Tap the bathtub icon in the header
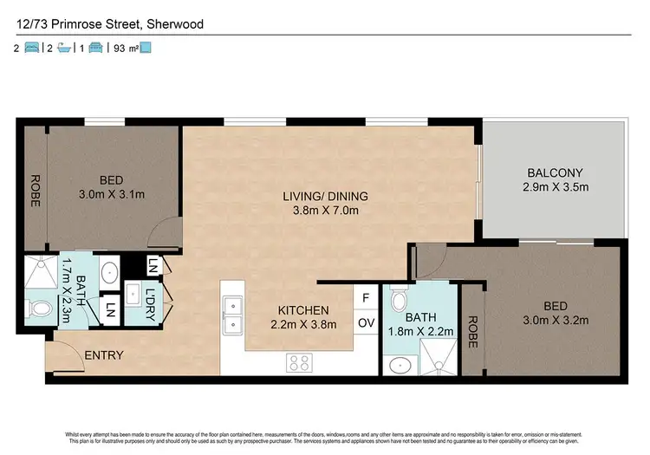click(63, 49)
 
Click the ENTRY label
click(104, 355)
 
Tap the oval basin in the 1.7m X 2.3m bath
click(110, 273)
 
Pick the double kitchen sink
click(231, 316)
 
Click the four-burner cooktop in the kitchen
click(299, 363)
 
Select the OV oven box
click(365, 323)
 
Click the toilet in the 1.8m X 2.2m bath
click(399, 301)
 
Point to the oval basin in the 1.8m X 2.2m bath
click(398, 365)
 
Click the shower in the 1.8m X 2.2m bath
click(439, 355)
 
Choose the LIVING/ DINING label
click(321, 196)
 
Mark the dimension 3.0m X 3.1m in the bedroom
click(110, 196)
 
